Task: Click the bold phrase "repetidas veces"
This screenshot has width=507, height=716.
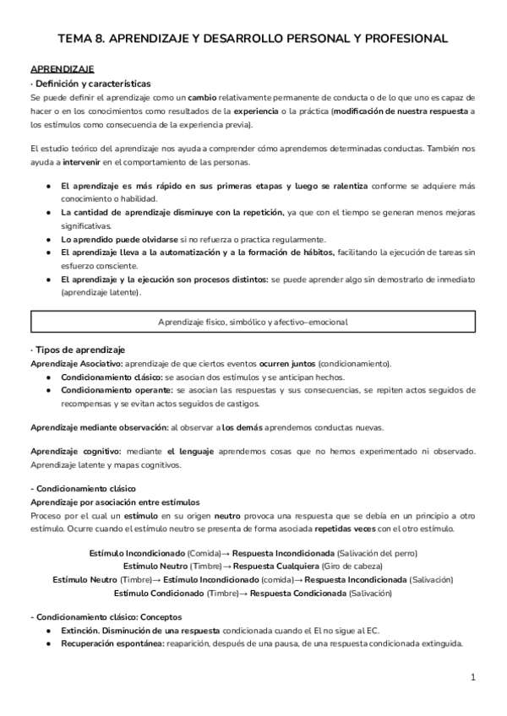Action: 347,529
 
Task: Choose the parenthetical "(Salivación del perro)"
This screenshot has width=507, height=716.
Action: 376,553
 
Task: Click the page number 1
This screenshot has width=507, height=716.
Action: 473,676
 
